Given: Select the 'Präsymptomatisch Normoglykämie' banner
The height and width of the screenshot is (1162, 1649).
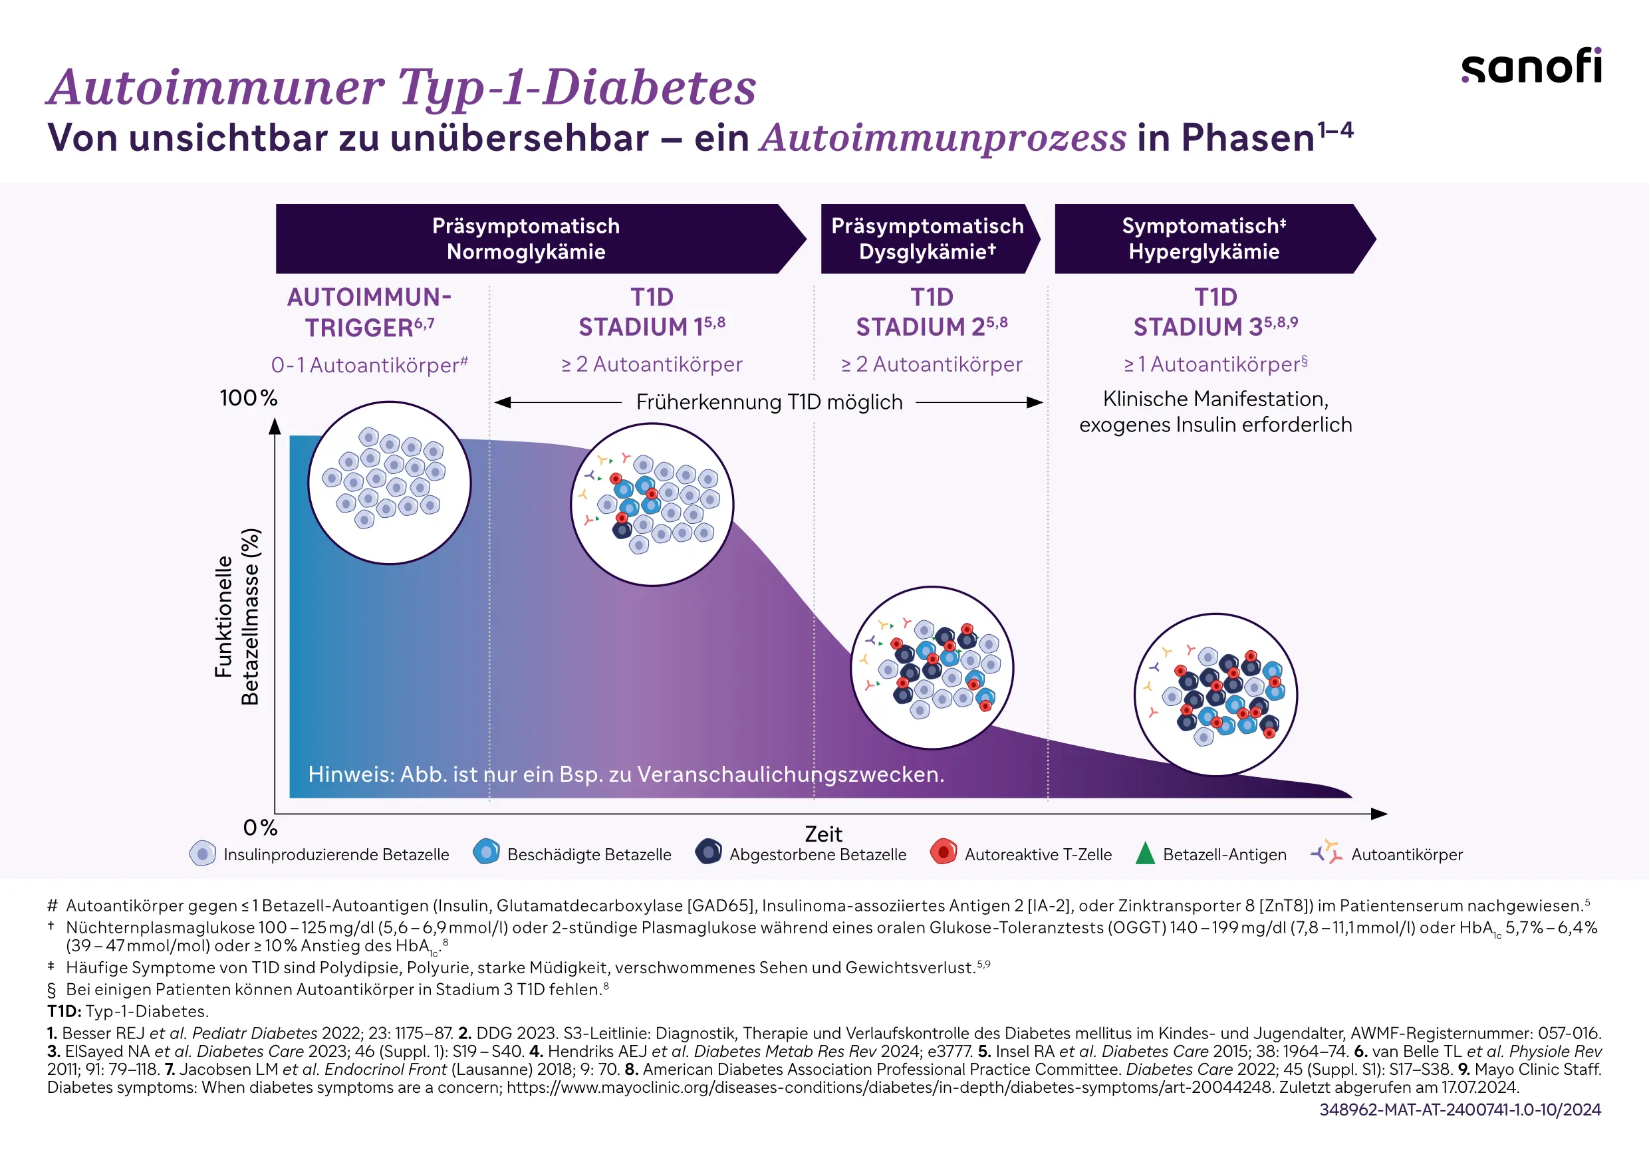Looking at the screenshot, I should (527, 239).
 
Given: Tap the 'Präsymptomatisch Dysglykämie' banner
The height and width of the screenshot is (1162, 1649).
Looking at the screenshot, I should (927, 239).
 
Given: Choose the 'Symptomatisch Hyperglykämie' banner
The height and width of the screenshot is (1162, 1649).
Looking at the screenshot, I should (1204, 239).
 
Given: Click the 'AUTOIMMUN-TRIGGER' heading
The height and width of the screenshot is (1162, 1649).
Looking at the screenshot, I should (369, 312).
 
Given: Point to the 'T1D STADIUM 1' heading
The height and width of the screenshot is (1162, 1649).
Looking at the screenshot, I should (652, 312).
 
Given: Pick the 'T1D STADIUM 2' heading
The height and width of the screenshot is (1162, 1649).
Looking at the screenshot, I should (932, 312).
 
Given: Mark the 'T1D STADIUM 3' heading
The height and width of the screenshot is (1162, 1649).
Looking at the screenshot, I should (1215, 312).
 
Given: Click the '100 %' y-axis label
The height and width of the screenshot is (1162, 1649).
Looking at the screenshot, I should (248, 398).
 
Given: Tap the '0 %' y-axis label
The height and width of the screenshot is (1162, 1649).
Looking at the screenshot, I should (260, 828).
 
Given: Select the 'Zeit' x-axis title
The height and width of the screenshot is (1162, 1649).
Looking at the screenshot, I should (823, 834).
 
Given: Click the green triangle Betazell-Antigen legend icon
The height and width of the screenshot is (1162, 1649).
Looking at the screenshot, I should (1145, 853).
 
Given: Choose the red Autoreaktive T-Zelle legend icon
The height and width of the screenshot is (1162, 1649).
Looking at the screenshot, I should (943, 852).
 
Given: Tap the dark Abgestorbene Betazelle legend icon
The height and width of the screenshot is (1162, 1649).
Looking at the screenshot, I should (708, 852).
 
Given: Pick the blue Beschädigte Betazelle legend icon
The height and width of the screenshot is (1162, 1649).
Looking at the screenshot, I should (486, 852).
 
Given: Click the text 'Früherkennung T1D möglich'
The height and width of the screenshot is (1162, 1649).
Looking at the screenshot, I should (769, 402).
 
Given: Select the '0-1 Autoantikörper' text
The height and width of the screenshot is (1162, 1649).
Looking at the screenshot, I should (369, 365).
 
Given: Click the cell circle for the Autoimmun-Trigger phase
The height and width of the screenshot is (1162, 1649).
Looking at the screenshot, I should (389, 483).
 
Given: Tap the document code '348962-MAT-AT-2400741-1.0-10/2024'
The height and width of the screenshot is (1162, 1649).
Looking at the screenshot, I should (1459, 1109).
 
